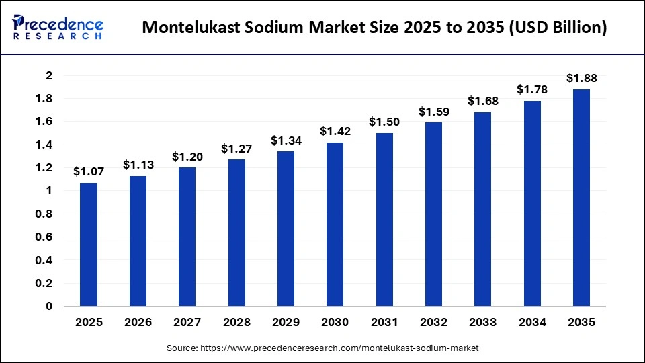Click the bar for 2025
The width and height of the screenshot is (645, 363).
(x=89, y=245)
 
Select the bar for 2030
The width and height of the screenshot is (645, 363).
(x=335, y=225)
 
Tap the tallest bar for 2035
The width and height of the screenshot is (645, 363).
(x=581, y=198)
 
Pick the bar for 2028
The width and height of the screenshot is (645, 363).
(x=236, y=233)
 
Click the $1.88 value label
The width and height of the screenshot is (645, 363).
(x=581, y=78)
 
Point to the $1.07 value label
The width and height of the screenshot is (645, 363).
(x=89, y=171)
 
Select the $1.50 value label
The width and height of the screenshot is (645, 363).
(x=384, y=122)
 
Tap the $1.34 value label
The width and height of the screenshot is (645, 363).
(x=286, y=140)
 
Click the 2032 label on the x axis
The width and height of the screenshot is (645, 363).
(x=433, y=323)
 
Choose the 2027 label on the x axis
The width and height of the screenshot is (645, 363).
(x=187, y=323)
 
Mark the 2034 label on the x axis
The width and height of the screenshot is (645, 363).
(x=531, y=323)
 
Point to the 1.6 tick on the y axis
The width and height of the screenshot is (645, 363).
(x=44, y=122)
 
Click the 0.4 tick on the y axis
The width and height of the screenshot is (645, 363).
(x=44, y=260)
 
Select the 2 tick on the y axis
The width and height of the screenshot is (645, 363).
(x=48, y=75)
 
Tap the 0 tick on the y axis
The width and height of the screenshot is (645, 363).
(x=48, y=307)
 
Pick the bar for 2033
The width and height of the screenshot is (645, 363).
(x=482, y=209)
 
